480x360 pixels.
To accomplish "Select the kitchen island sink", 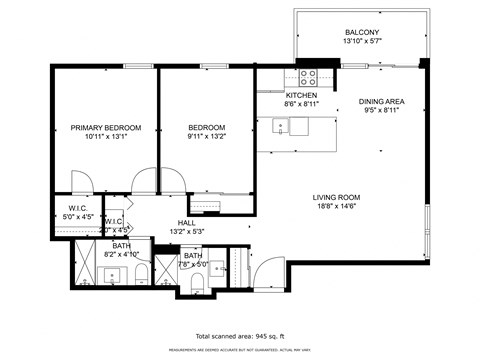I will point(281,126).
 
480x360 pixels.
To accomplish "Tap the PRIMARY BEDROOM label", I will point(105,128).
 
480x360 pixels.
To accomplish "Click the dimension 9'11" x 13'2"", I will point(207,139).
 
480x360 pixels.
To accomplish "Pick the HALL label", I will point(187,223).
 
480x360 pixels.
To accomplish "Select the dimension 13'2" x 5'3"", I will point(187,232).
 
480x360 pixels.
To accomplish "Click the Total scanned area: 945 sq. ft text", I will point(240,336).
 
